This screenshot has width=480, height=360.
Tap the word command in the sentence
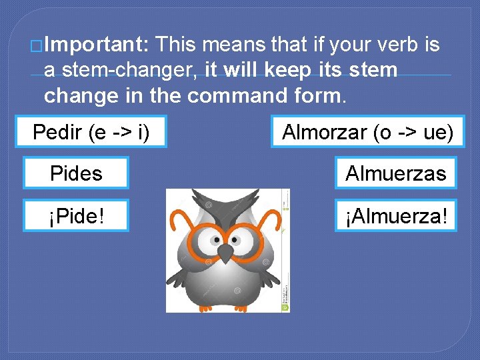237,95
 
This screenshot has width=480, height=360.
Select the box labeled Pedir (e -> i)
91,132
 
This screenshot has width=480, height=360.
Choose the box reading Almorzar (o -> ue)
367,132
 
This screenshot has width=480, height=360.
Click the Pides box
76,173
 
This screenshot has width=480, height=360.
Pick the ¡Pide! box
76,215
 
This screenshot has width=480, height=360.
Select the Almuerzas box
396,173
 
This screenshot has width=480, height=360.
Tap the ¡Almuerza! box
396,215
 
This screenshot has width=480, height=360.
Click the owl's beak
227,253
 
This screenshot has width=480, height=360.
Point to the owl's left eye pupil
215,238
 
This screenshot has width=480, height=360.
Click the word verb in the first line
395,45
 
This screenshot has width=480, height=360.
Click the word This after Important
177,45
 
